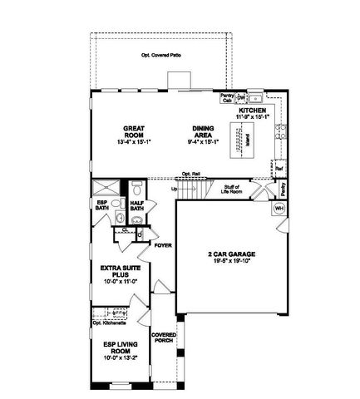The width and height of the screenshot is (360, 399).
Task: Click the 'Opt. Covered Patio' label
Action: click(163, 57)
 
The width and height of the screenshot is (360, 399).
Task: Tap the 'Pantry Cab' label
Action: click(226, 98)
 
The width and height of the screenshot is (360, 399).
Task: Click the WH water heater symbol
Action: click(279, 208)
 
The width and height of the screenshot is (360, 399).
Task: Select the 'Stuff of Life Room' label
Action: click(231, 190)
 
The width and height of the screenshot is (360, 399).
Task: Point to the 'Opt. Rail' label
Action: click(191, 174)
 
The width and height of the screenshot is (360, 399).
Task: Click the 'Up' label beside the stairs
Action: click(173, 189)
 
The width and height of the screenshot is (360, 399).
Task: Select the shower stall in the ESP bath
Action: click(107, 188)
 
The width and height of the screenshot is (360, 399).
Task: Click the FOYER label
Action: click(161, 245)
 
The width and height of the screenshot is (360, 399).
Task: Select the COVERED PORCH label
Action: click(162, 339)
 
